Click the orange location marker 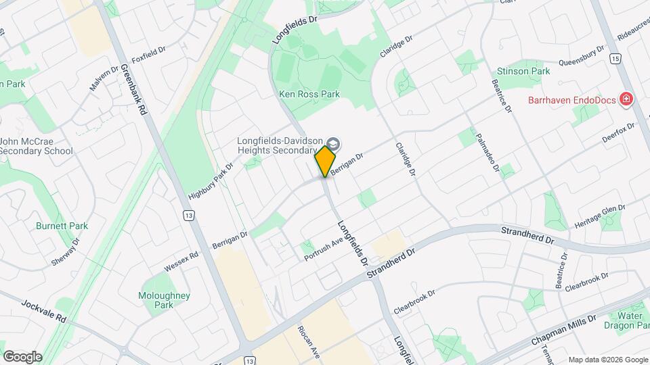[326, 161]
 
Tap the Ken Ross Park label [309, 95]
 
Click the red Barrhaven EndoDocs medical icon [626, 100]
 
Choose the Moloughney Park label [165, 300]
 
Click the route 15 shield [614, 59]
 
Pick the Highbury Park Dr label [211, 182]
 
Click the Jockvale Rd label [43, 311]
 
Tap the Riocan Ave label [307, 342]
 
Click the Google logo [22, 356]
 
